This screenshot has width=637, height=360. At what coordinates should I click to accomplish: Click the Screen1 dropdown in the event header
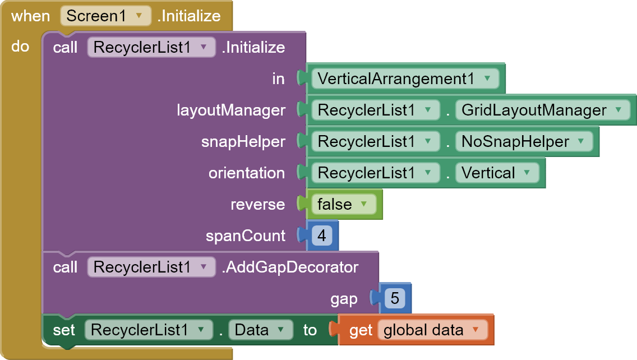tap(105, 16)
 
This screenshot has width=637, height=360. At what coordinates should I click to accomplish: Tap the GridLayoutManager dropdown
tap(541, 110)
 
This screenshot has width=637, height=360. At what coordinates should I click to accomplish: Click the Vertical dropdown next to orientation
tap(496, 173)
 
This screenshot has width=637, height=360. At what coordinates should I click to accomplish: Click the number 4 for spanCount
tap(322, 236)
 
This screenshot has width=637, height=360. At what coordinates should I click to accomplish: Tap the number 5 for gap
tap(395, 298)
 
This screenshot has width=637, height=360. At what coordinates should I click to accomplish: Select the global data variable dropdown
tap(432, 330)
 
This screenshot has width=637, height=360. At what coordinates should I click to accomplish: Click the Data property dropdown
tap(260, 330)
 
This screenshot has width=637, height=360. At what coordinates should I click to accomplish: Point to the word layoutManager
tap(231, 110)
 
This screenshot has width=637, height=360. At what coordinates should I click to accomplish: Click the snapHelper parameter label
tap(243, 141)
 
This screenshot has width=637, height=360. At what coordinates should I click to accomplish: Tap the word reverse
tap(258, 204)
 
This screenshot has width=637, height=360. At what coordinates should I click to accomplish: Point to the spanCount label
tap(246, 236)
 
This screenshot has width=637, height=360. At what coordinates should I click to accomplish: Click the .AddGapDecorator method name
tap(290, 267)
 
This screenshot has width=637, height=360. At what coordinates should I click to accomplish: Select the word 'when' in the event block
tap(30, 16)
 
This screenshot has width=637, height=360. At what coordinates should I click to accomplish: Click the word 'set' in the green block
tap(63, 330)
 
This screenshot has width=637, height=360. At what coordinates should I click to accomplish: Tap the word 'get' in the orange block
tap(361, 330)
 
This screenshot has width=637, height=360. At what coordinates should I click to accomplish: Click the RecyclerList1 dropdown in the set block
tap(148, 330)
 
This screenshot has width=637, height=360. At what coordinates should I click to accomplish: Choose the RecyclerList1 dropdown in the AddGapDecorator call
tap(151, 267)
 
